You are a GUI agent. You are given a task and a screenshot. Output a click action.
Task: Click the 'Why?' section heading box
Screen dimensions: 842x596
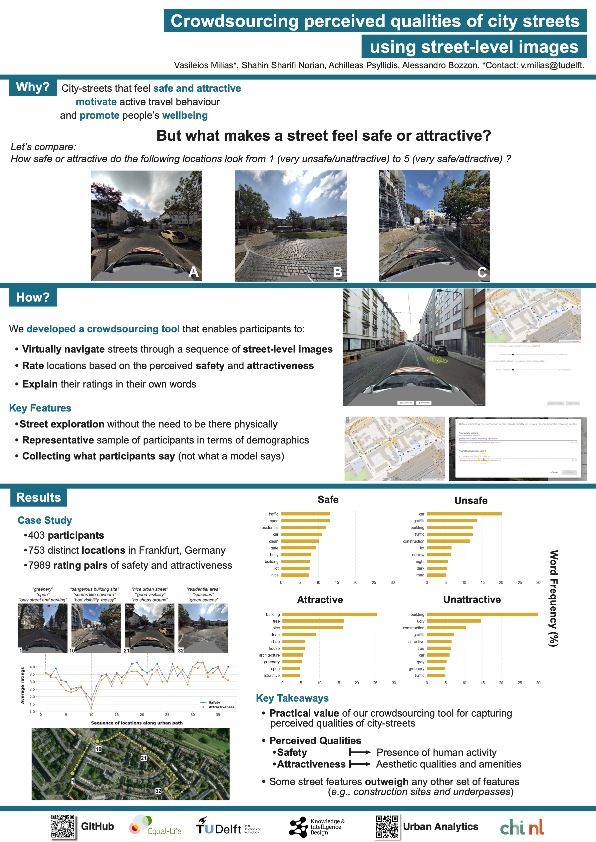click(x=33, y=87)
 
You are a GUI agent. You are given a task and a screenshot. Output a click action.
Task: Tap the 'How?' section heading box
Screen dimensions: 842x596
click(x=33, y=297)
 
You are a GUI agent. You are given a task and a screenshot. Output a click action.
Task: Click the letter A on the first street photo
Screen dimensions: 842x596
click(x=193, y=272)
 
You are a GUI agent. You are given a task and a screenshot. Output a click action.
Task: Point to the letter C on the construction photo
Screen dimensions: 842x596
click(x=482, y=272)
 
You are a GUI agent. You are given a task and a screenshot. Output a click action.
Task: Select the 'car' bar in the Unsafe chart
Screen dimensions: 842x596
click(x=464, y=514)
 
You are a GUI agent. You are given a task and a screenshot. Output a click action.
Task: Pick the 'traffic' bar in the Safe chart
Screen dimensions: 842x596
click(x=306, y=514)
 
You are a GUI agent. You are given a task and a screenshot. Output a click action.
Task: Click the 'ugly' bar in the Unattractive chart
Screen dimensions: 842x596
click(x=454, y=621)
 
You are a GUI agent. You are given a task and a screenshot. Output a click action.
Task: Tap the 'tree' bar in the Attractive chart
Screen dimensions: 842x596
click(x=313, y=621)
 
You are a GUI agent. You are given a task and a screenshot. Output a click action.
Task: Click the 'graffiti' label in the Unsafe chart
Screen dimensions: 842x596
click(x=419, y=521)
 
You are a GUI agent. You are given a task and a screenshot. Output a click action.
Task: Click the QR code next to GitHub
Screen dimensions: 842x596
click(x=63, y=826)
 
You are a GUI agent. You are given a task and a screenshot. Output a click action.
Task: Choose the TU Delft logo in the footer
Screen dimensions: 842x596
click(x=228, y=826)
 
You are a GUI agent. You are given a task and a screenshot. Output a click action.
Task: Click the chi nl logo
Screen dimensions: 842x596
click(x=521, y=827)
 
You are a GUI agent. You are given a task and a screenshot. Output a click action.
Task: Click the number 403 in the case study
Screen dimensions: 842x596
click(x=36, y=535)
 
